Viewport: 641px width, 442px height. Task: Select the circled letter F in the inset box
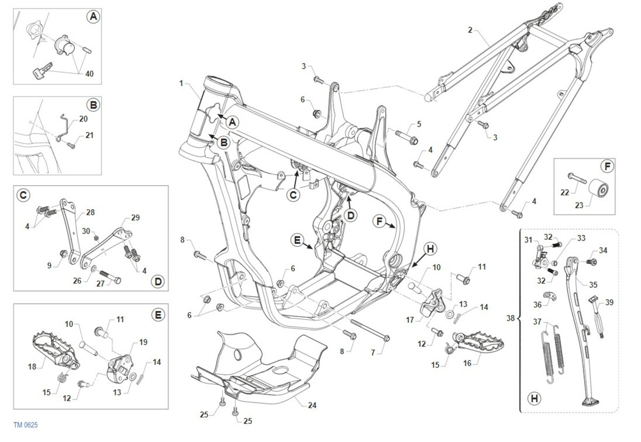tap(607, 166)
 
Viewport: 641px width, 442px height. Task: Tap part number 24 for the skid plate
tap(312, 406)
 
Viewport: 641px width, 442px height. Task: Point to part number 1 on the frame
tap(181, 83)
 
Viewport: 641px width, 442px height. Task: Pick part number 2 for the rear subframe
tap(470, 30)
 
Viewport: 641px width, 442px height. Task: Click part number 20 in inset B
tap(83, 119)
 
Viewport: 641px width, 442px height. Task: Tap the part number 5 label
tap(419, 124)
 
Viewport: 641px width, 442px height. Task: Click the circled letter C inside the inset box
tap(24, 196)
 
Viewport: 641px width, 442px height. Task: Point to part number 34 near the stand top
tap(603, 249)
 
